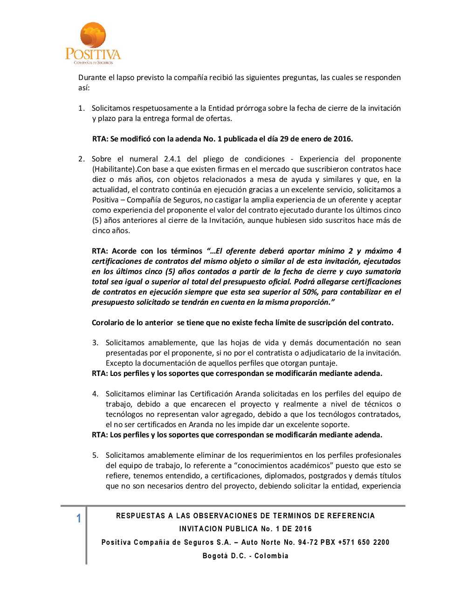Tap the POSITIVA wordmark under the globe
tap(93, 54)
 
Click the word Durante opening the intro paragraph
tap(92, 78)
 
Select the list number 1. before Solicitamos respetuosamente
tap(82, 108)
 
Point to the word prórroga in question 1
tap(252, 108)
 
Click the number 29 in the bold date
tap(284, 139)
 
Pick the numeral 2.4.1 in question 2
tap(172, 159)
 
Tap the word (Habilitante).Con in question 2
tap(121, 169)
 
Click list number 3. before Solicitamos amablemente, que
tap(95, 343)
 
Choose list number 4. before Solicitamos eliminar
tap(95, 394)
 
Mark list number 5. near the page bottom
tap(95, 455)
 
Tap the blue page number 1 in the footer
tap(79, 518)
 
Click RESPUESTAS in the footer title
tap(141, 516)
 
